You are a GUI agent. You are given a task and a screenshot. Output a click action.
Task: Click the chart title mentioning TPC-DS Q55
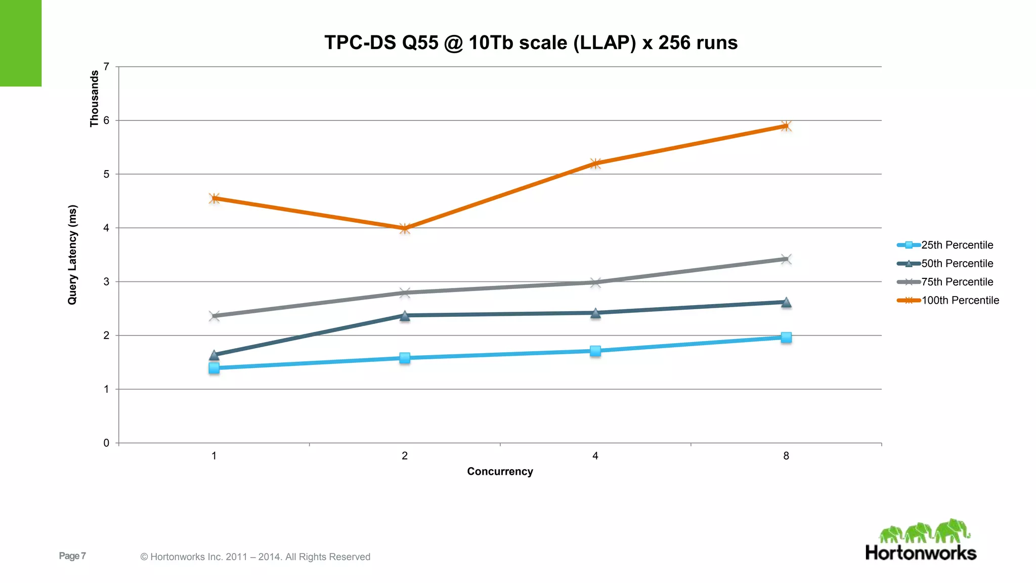coord(531,43)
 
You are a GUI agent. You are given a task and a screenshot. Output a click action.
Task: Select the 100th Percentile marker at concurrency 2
coord(405,228)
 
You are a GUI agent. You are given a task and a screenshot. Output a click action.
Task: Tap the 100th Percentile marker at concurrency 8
coord(786,126)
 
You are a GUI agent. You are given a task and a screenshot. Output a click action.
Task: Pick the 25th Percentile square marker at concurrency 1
coord(214,368)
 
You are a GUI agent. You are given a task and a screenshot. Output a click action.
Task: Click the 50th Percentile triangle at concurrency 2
coord(405,316)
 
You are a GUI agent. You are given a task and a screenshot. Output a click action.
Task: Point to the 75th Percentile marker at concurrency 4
coord(595,282)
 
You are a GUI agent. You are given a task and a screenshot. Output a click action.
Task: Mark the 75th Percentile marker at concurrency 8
coord(786,259)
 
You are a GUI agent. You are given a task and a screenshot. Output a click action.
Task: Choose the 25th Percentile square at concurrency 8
coord(786,338)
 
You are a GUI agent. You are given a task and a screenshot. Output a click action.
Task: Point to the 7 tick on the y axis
coord(106,67)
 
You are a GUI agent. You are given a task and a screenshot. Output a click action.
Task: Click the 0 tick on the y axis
coord(106,443)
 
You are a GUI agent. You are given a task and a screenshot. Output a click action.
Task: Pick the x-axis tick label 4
coord(595,456)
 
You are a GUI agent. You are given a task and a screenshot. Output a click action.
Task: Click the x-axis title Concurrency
coord(500,472)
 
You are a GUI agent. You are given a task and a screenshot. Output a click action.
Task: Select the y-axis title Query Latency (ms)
coord(73,255)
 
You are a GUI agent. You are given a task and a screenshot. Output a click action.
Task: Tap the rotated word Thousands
coord(94,98)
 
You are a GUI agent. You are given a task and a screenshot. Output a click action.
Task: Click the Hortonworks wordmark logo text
coord(921,553)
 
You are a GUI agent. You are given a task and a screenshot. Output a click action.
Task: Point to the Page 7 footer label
coord(72,556)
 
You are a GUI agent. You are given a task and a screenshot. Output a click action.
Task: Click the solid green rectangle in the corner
coord(20,43)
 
